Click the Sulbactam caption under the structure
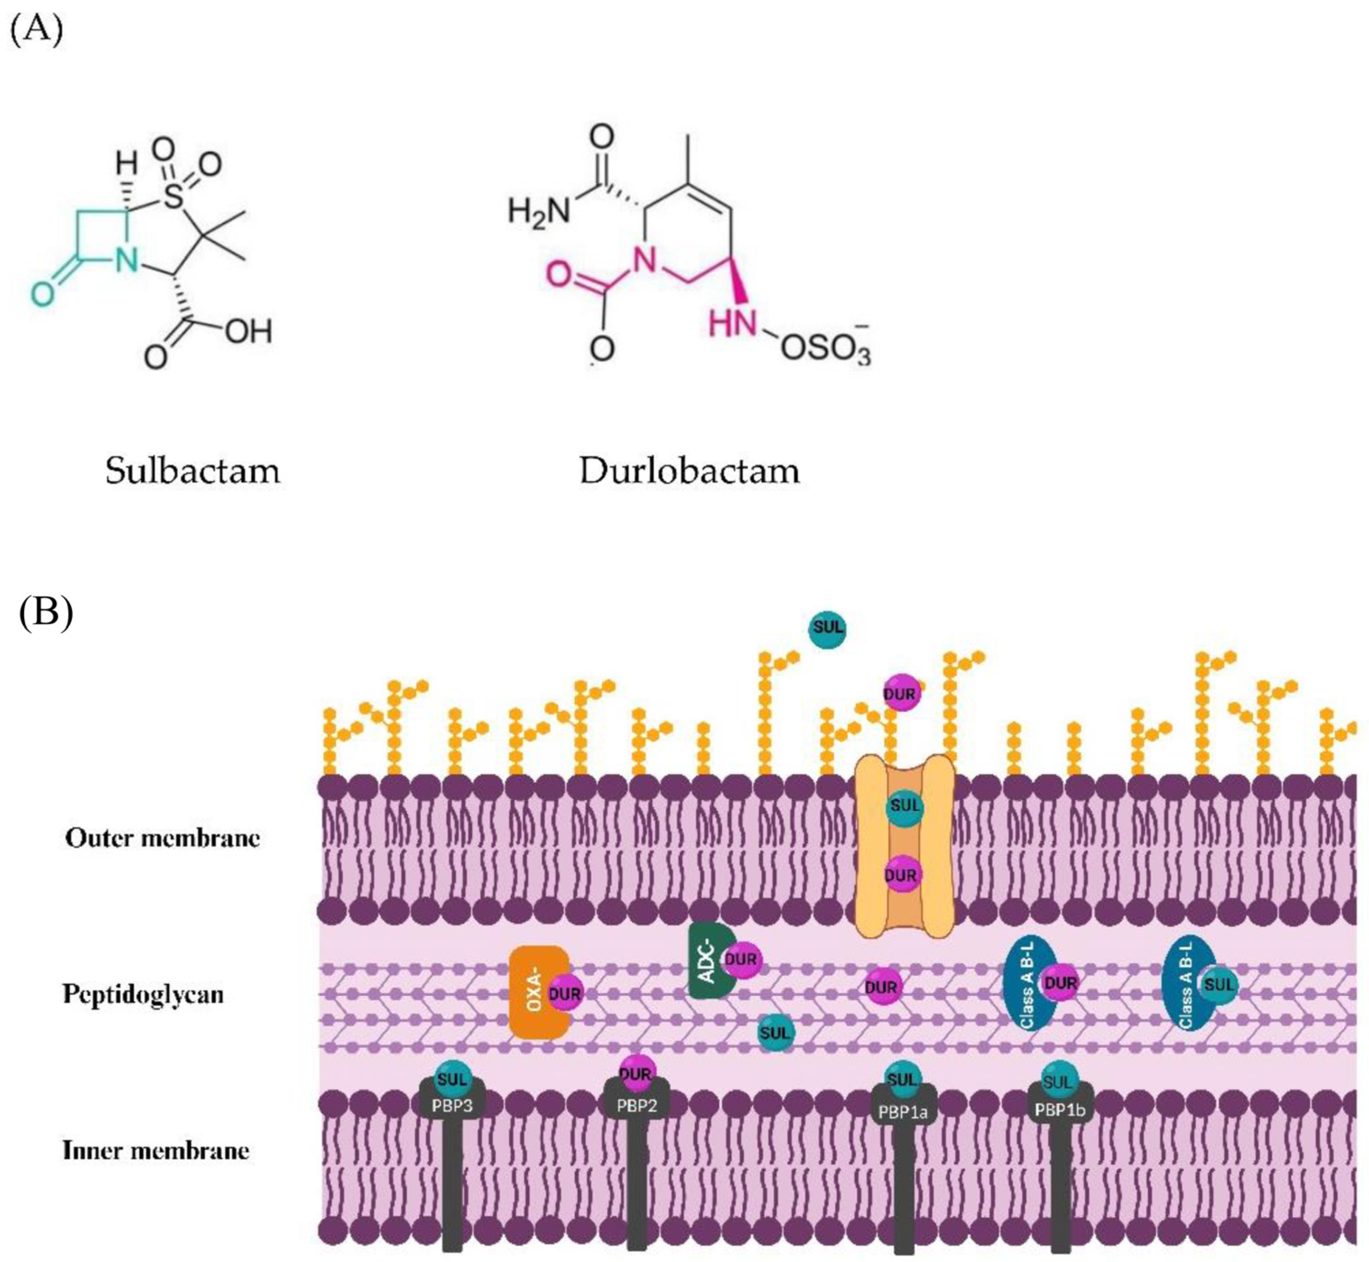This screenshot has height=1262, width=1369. point(193,471)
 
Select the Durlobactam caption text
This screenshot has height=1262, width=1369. point(689,471)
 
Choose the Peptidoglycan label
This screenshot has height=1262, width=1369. point(143,994)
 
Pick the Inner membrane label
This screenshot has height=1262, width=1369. point(156,1150)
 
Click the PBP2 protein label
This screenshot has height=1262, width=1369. point(637,1106)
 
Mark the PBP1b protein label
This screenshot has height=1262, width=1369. point(1060,1110)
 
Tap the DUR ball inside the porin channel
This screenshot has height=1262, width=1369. point(902,875)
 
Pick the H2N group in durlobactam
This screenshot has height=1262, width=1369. point(539,210)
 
